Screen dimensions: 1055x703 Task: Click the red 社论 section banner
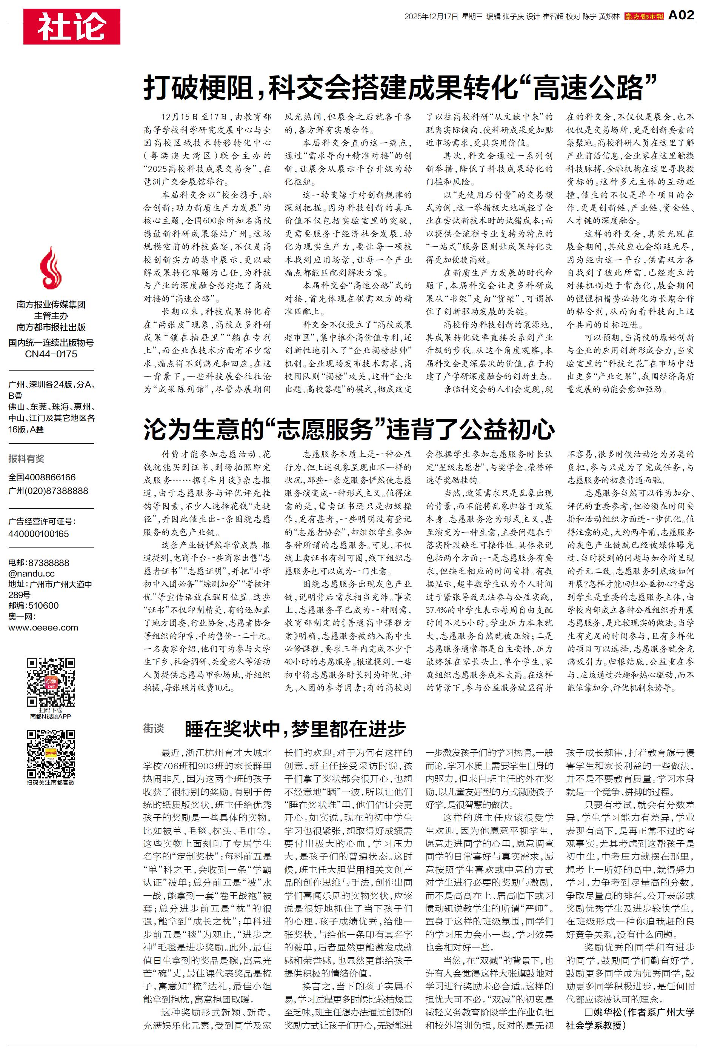[x=72, y=26]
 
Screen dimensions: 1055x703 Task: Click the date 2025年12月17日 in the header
[x=431, y=17]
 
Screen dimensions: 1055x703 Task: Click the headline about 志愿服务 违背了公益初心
[x=349, y=429]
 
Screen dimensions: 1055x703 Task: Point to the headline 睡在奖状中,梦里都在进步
[x=295, y=729]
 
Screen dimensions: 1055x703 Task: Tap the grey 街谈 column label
[x=153, y=729]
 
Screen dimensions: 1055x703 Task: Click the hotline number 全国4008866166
[x=42, y=477]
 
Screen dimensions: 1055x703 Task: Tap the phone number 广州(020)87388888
[x=48, y=491]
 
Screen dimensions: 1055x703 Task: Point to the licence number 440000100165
[x=38, y=534]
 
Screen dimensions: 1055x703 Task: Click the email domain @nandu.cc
[x=31, y=574]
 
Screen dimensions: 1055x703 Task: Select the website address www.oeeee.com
[x=43, y=627]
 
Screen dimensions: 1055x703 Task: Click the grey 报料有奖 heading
[x=26, y=458]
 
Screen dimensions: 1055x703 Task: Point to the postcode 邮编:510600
[x=33, y=606]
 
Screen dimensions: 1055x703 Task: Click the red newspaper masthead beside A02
[x=644, y=16]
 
